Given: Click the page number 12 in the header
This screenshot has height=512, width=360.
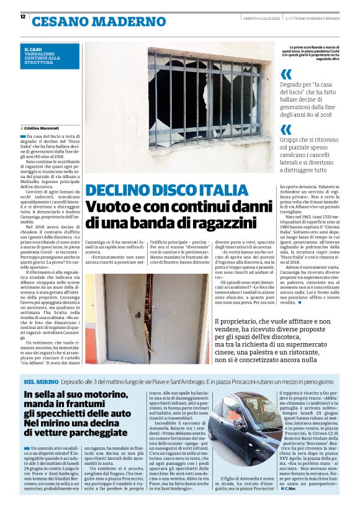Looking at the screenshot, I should tap(22, 17).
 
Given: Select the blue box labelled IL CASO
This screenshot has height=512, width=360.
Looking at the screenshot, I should tap(50, 56).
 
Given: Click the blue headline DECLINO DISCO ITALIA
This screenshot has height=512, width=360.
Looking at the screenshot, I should tap(167, 190).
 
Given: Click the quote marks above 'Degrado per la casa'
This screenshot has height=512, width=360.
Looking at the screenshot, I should tap(286, 74).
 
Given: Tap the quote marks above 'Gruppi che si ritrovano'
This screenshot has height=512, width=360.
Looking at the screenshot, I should tap(286, 129).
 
